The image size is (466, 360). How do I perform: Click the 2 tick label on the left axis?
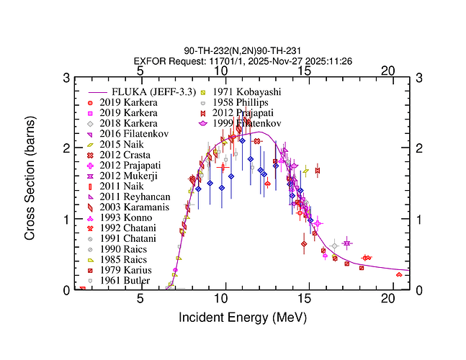[66, 148]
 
